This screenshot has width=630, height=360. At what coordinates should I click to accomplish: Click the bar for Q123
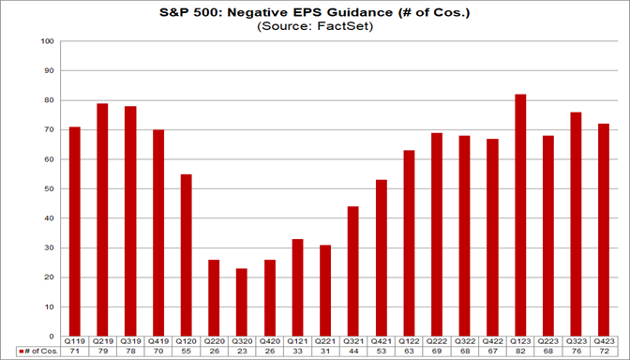[520, 216]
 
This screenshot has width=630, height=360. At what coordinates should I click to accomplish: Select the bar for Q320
[242, 302]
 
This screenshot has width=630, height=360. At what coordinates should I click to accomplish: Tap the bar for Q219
[102, 219]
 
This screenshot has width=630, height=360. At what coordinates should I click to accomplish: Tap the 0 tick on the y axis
[52, 336]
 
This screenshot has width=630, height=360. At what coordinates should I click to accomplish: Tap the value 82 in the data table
[520, 352]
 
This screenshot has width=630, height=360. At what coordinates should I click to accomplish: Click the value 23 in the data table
[242, 352]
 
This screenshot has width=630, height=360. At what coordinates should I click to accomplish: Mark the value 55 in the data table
[186, 352]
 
